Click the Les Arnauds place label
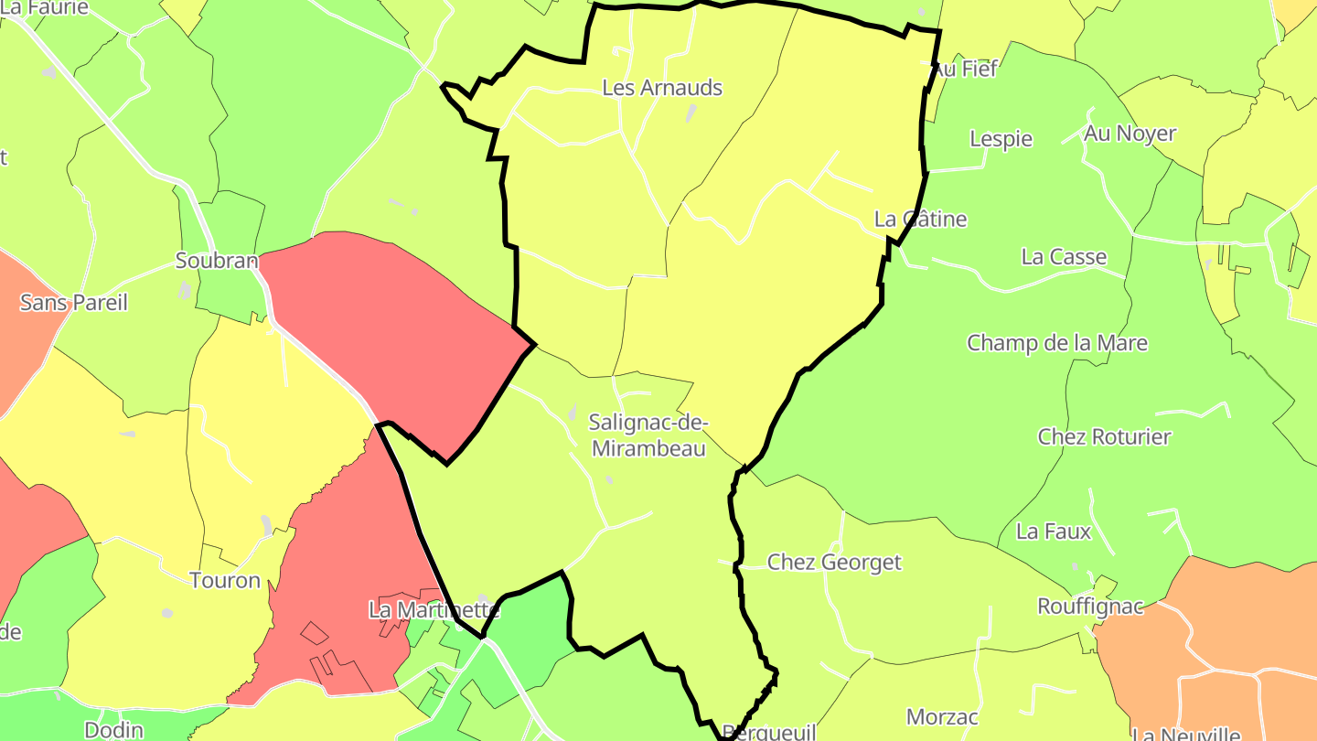(x=662, y=88)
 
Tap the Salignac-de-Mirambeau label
(x=648, y=435)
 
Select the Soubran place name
(x=217, y=261)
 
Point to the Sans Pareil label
(x=74, y=302)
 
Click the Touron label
(x=225, y=580)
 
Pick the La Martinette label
(x=434, y=608)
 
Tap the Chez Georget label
(x=834, y=562)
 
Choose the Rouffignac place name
(x=1090, y=606)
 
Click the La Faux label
(x=1054, y=531)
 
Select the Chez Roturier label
(x=1104, y=436)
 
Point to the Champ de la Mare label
(x=1057, y=343)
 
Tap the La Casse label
(x=1064, y=256)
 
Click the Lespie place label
(x=1001, y=139)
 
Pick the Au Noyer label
(x=1130, y=133)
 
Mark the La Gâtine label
(x=920, y=219)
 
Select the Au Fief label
(x=966, y=69)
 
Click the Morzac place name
(x=942, y=716)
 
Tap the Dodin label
(x=113, y=729)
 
